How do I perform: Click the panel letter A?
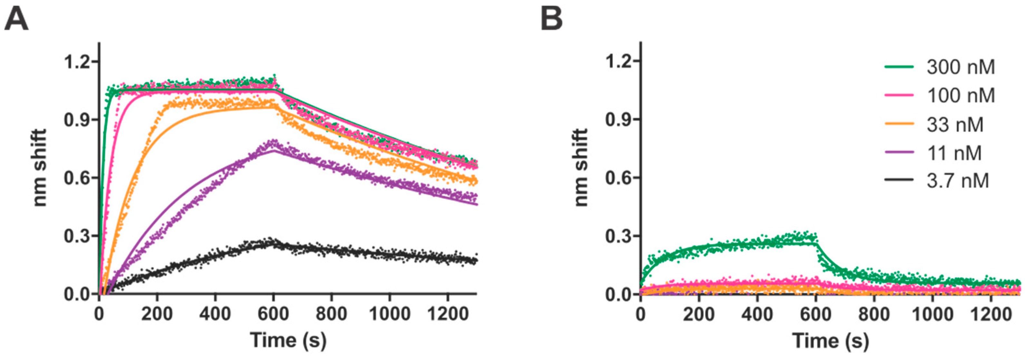point(16,20)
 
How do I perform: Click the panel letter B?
point(552,20)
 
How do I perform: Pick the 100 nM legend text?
point(961,95)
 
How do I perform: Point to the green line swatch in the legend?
point(898,67)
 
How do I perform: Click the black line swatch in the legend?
point(898,181)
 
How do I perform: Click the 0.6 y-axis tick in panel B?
point(619,177)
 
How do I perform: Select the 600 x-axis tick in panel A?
point(273,314)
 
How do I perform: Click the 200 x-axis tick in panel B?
point(699,314)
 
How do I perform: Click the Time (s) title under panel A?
point(288,340)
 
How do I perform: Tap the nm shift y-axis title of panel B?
point(582,167)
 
